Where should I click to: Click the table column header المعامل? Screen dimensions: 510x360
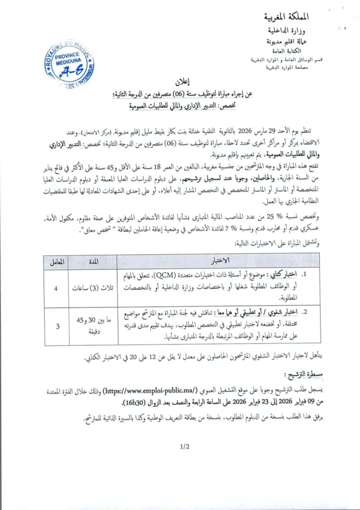point(56,261)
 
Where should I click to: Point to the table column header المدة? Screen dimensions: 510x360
point(93,261)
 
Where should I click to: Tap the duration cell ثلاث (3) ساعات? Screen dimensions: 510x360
point(93,288)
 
